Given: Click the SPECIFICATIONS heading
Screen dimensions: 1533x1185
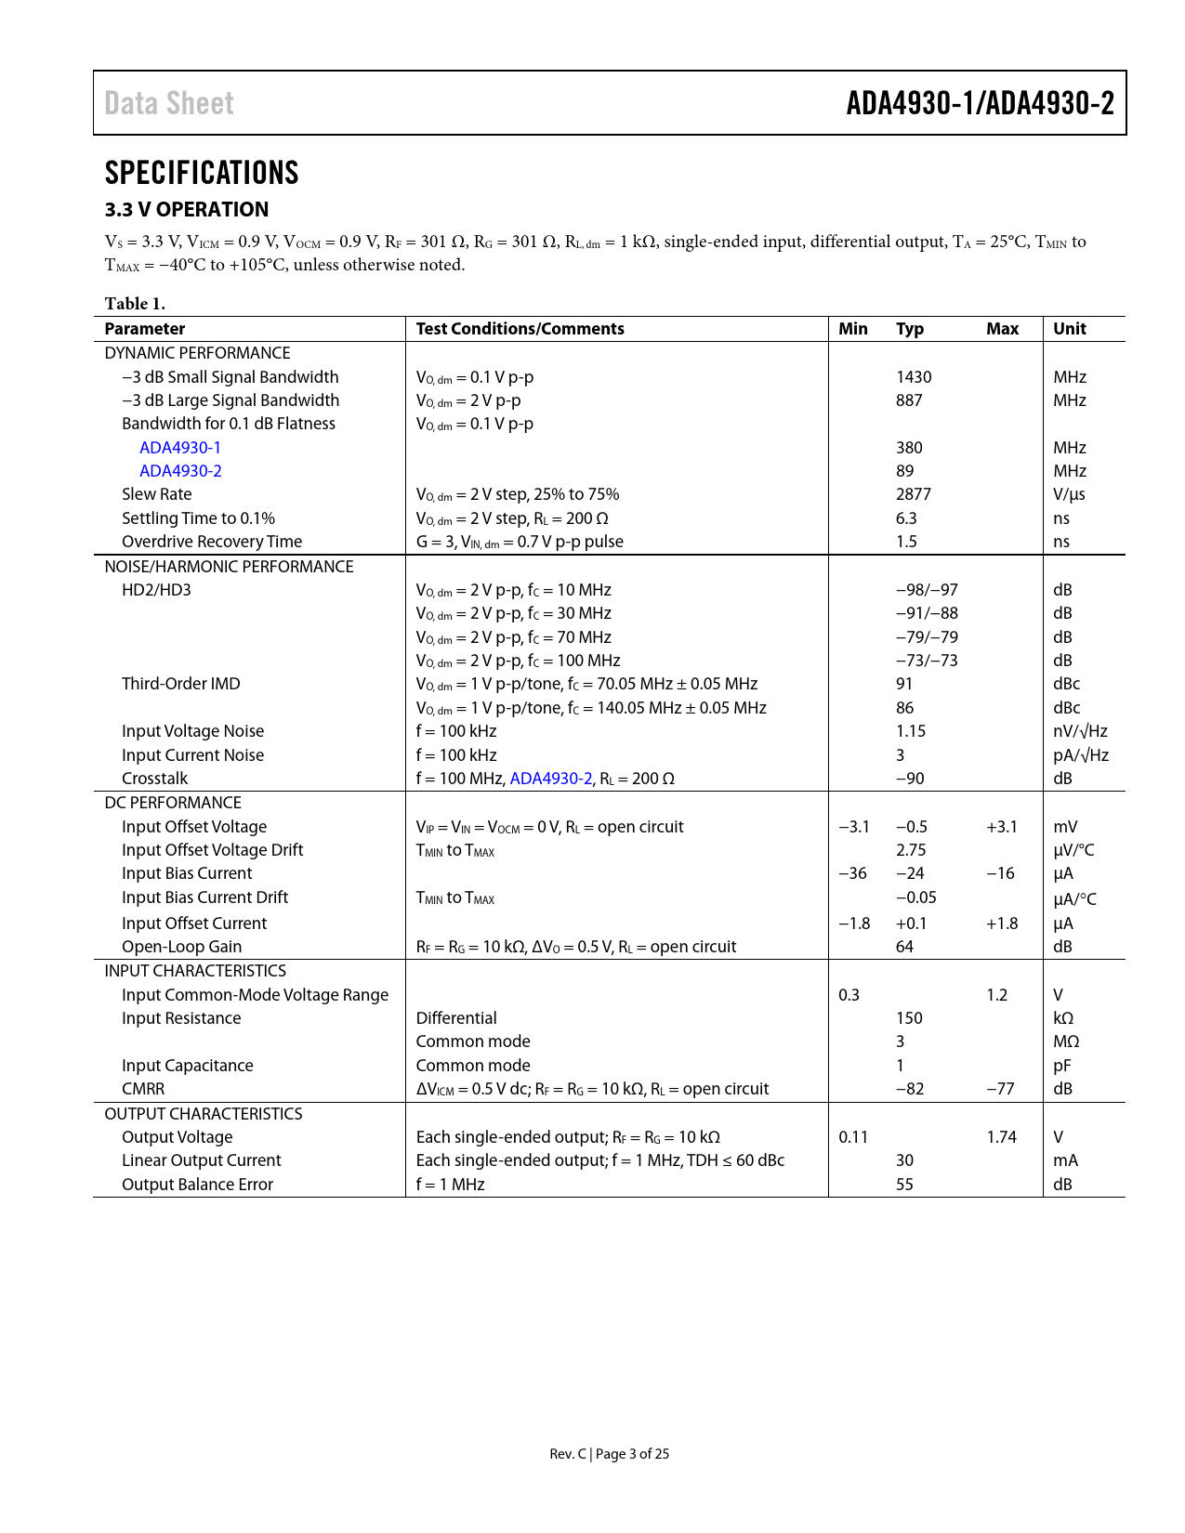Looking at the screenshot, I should [x=202, y=173].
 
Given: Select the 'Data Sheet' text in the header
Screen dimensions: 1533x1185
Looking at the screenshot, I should [x=169, y=103].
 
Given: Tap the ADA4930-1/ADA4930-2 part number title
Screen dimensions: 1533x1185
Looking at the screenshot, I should [x=980, y=103].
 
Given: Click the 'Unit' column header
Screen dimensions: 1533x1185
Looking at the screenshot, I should [x=1070, y=329].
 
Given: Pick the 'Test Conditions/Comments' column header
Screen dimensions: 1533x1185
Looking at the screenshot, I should [x=520, y=329].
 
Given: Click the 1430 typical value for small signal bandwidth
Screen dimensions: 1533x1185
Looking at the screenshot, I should [x=914, y=377].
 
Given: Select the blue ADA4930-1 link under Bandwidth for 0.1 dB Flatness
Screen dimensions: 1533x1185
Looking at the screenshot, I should [x=180, y=448].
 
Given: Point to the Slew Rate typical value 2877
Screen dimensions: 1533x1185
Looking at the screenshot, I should [x=914, y=494].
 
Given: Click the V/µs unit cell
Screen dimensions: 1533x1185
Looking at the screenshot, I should [x=1069, y=494].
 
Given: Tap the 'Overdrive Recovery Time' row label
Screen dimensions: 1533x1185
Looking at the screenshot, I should [x=212, y=542].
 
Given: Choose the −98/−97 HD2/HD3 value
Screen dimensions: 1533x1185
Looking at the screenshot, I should [x=927, y=590].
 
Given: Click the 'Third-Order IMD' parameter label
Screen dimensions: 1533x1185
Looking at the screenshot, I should [x=181, y=684].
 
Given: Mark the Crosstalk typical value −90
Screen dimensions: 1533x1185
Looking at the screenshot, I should [x=910, y=779].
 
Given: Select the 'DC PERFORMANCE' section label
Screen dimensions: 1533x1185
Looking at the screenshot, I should [x=173, y=803].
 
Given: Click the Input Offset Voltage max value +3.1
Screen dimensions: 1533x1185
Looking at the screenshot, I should [x=1002, y=827].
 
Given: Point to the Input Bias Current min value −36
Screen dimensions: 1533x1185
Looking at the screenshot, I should [x=852, y=873].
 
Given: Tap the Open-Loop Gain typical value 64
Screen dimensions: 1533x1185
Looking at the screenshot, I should [x=904, y=947].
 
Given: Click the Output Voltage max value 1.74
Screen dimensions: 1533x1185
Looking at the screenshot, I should [x=1002, y=1137].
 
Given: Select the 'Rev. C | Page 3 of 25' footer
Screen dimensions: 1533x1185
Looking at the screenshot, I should [x=609, y=1454].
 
